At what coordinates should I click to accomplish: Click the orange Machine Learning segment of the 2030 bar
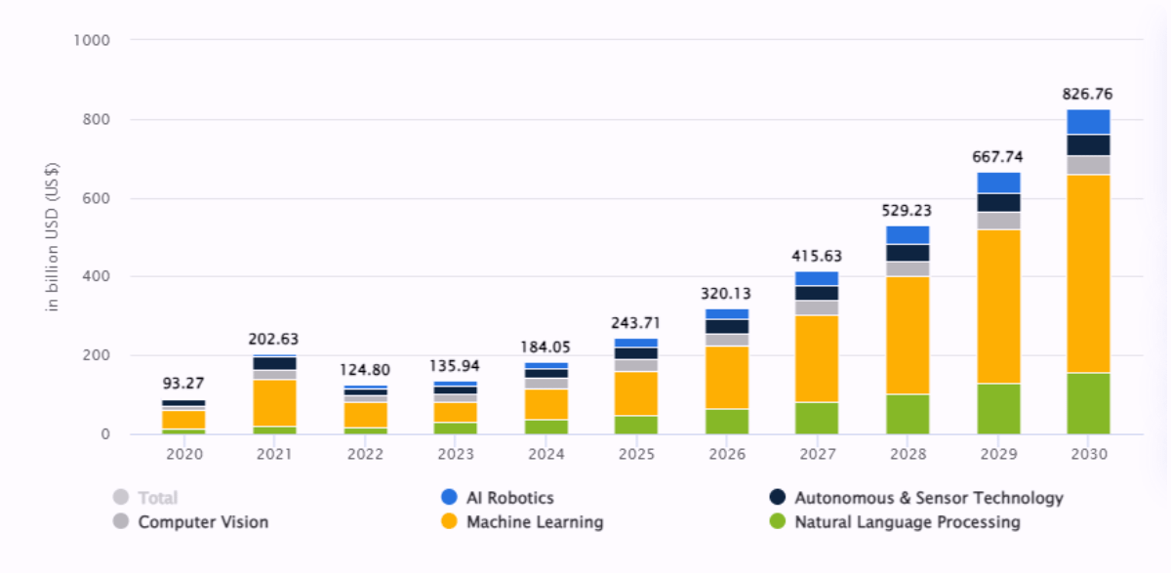coord(1088,273)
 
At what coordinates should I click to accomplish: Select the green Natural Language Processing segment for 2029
coord(998,409)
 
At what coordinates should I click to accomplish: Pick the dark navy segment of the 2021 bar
coord(274,363)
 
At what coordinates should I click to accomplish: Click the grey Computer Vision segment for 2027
coord(816,307)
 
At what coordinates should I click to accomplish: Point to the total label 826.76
coord(1087,95)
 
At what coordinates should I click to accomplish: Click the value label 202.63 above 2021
coord(274,340)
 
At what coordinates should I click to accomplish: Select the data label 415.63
coord(816,257)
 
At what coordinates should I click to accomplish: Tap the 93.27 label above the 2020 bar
coord(183,384)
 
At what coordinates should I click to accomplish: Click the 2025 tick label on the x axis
coord(636,454)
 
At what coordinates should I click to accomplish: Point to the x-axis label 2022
coord(365,454)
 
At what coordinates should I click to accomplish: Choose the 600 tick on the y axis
coord(96,199)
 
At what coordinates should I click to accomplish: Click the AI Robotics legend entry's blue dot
coord(449,498)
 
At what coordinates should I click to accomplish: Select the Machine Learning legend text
coord(535,522)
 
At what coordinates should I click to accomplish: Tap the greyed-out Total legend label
coord(157,498)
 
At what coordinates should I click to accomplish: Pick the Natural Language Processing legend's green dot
coord(777,522)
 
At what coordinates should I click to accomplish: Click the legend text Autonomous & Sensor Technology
coord(928,498)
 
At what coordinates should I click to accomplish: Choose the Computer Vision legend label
coord(203,522)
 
